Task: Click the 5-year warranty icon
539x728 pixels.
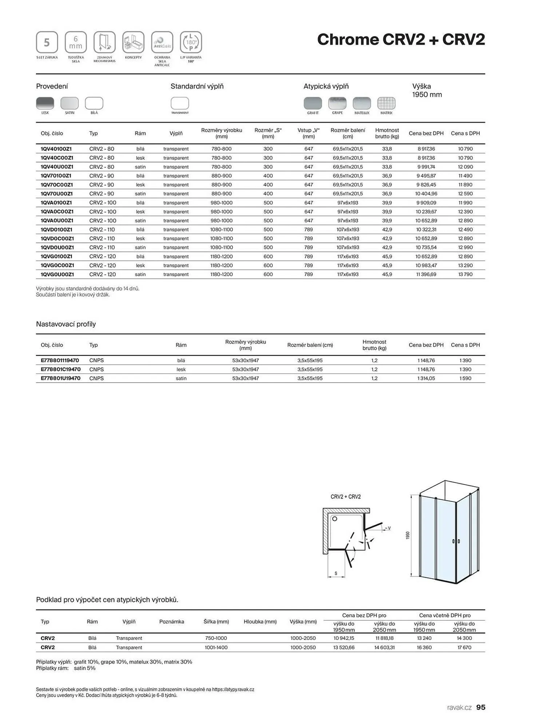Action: tap(47, 42)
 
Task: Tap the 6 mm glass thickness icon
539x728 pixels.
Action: tap(76, 42)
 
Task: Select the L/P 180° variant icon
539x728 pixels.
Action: tap(191, 42)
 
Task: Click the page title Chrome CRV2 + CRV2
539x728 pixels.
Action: tap(401, 39)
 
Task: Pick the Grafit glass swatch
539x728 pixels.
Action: tap(313, 103)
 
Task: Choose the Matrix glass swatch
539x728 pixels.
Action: tap(386, 103)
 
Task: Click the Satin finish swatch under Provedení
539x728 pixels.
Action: tap(70, 103)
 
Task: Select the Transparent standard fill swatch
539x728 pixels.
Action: tap(180, 103)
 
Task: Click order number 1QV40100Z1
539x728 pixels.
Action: tap(56, 149)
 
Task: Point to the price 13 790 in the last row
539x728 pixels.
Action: tap(465, 274)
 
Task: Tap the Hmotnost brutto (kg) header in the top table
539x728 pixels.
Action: tap(387, 133)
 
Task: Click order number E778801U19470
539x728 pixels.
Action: tap(60, 378)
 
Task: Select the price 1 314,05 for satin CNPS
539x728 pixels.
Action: tap(426, 378)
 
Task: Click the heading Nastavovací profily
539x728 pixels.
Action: tap(66, 324)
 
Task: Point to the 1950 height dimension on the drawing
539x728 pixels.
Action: tap(408, 535)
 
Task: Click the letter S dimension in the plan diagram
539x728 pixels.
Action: tap(336, 573)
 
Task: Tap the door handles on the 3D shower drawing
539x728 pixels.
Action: tap(456, 541)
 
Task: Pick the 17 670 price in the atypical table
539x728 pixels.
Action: tap(464, 648)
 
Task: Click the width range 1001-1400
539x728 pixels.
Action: tap(216, 648)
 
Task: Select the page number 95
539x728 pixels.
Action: tap(481, 707)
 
